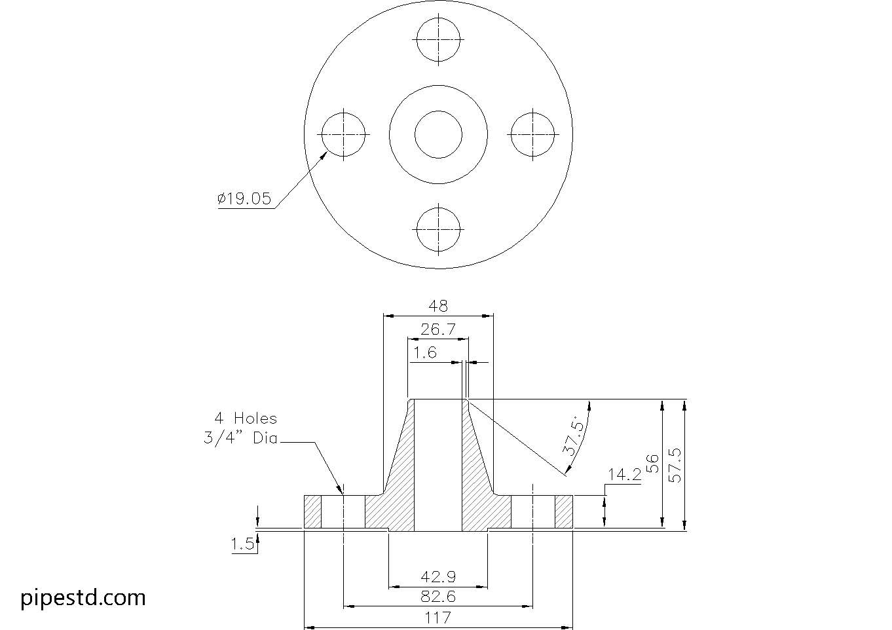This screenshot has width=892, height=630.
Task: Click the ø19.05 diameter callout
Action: [x=244, y=199]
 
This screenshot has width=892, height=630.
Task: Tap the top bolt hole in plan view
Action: [x=438, y=39]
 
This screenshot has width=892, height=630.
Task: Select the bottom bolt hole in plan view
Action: [x=438, y=229]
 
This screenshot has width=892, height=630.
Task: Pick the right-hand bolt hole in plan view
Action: [x=533, y=134]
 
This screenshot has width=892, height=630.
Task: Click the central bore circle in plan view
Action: [x=438, y=134]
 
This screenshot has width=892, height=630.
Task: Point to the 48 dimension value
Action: [x=438, y=306]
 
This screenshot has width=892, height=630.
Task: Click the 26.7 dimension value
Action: [x=438, y=329]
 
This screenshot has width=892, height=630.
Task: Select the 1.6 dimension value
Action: [x=425, y=353]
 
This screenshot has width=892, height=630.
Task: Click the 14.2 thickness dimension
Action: [x=624, y=475]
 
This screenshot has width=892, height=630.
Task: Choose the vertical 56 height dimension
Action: [x=652, y=464]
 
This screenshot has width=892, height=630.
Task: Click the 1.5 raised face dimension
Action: [x=242, y=544]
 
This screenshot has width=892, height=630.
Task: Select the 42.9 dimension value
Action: [x=438, y=578]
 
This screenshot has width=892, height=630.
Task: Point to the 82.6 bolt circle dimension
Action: [x=438, y=597]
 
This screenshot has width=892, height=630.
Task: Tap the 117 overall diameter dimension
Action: [x=438, y=618]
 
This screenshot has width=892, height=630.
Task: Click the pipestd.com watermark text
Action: [x=83, y=597]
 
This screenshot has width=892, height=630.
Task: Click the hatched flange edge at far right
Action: [x=564, y=512]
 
